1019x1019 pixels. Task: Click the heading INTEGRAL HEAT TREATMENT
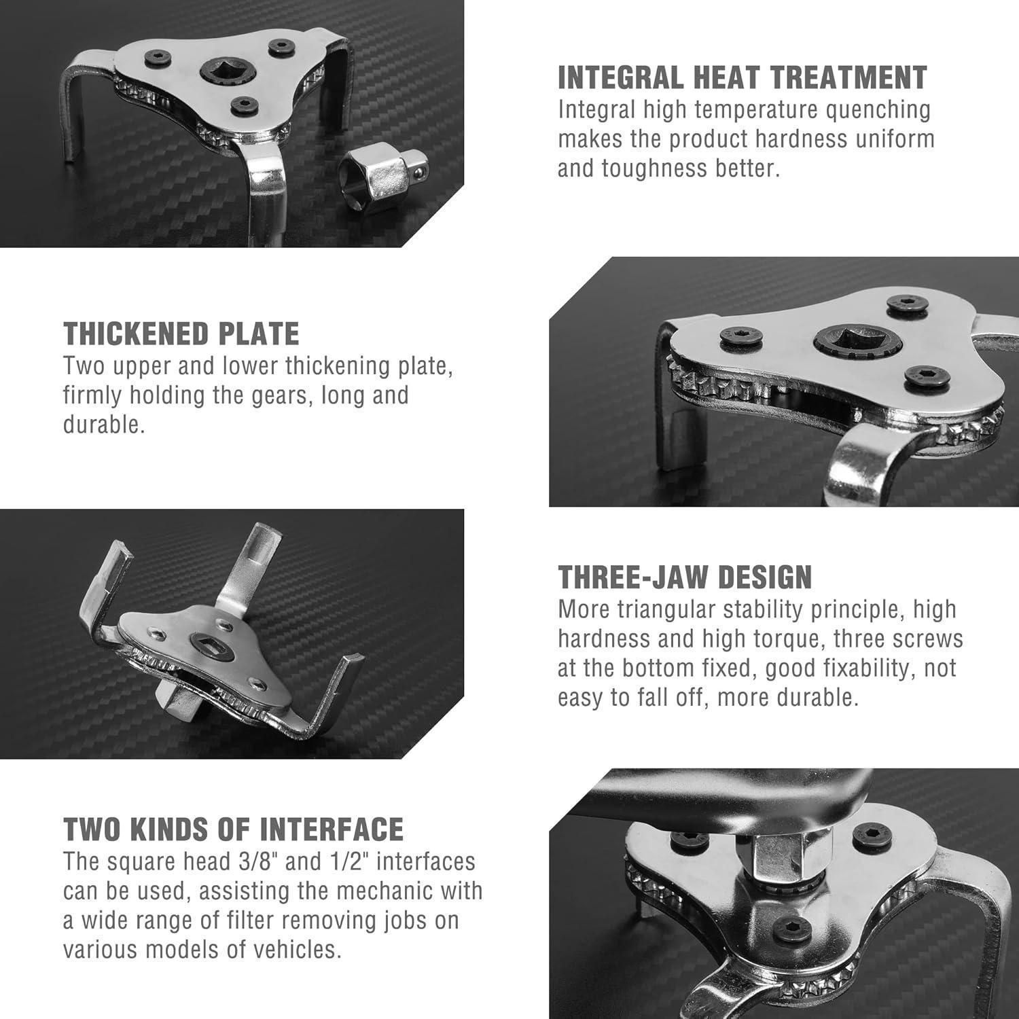(743, 77)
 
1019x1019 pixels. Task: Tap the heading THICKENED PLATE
(181, 334)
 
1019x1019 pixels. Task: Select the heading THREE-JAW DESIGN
(685, 577)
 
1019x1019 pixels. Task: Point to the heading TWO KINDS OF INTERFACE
(234, 829)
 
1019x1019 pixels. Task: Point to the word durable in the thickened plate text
(104, 425)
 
